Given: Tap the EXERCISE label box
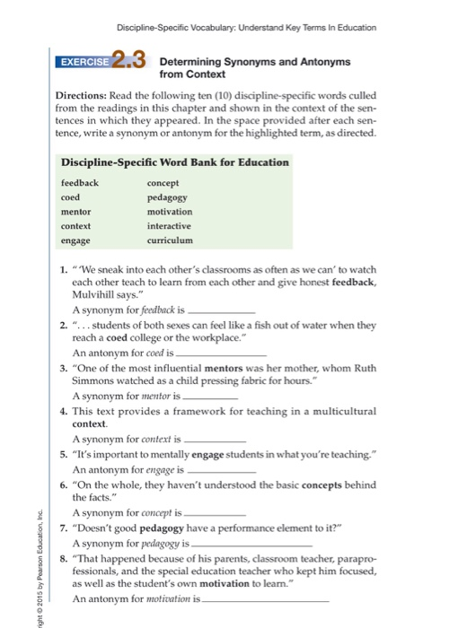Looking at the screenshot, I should (85, 64).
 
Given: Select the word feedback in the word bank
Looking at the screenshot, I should (80, 182).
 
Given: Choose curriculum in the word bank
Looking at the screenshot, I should (170, 241).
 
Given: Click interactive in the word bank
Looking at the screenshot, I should (170, 226).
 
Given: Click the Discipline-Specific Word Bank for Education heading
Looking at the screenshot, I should (174, 162).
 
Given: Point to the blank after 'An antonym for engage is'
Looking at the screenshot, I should (221, 468).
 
